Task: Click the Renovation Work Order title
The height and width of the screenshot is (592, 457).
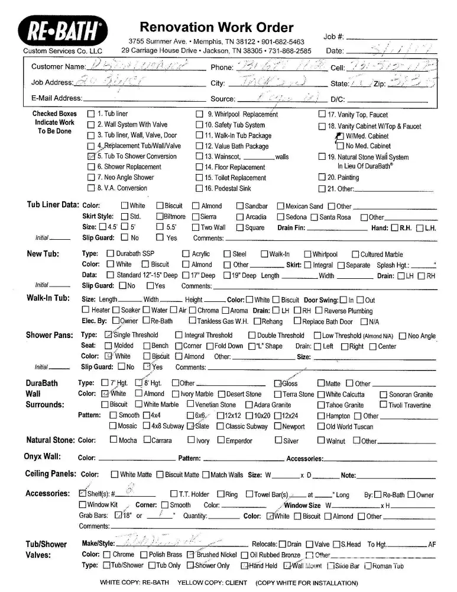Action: (216, 27)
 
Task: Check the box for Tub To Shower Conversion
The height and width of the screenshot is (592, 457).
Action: (91, 156)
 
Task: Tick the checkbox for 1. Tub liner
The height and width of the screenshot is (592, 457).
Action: (91, 114)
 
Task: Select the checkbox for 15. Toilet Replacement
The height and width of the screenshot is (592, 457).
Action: (199, 178)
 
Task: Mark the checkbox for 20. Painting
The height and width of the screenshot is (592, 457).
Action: (322, 177)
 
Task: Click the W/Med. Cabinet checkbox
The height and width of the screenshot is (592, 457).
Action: (339, 136)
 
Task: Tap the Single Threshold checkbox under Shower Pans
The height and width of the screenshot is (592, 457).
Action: (108, 335)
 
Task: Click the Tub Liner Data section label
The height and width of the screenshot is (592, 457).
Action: (53, 205)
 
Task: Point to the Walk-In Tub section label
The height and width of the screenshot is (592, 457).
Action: (48, 298)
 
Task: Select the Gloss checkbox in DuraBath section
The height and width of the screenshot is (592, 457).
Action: (278, 384)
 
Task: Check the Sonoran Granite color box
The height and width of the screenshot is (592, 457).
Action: (383, 394)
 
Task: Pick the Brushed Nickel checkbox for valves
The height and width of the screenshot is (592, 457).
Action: (190, 555)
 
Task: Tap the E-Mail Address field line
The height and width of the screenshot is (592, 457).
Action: (145, 98)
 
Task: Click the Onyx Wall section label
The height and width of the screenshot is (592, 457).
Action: (43, 456)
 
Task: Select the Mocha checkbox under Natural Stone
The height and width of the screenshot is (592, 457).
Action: (114, 440)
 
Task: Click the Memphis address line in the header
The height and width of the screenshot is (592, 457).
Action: (216, 41)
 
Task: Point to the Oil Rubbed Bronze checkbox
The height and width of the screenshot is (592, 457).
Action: (245, 555)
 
